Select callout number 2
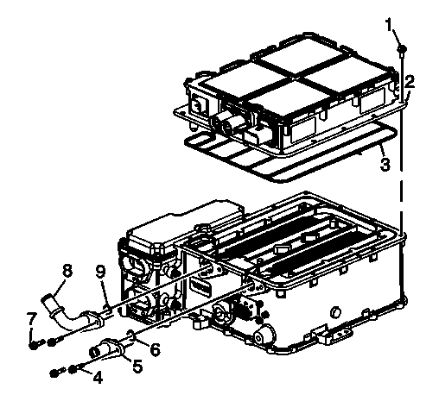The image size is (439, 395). (x=410, y=82)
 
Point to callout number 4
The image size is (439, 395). (x=98, y=377)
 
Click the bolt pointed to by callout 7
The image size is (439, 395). (x=35, y=343)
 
